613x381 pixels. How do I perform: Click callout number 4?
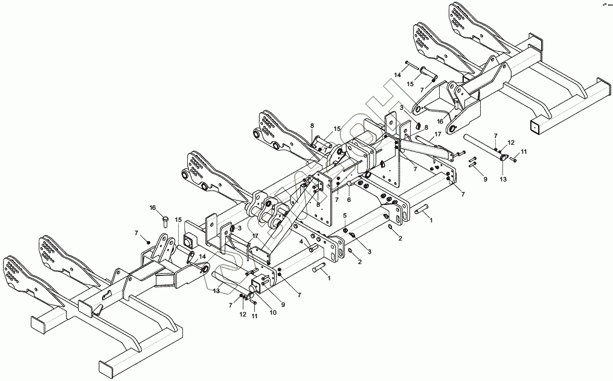[301, 242]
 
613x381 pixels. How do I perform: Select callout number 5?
[345, 216]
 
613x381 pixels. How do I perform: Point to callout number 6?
[348, 200]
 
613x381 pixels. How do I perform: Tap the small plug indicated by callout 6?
[349, 184]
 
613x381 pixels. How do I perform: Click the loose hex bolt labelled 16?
[165, 221]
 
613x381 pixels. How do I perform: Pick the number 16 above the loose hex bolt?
[153, 208]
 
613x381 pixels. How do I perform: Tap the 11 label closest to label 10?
[254, 316]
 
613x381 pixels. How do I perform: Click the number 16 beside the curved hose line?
[440, 121]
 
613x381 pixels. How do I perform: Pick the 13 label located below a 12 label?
[503, 179]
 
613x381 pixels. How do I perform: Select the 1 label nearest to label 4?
[329, 279]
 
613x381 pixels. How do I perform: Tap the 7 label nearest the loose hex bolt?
[136, 233]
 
